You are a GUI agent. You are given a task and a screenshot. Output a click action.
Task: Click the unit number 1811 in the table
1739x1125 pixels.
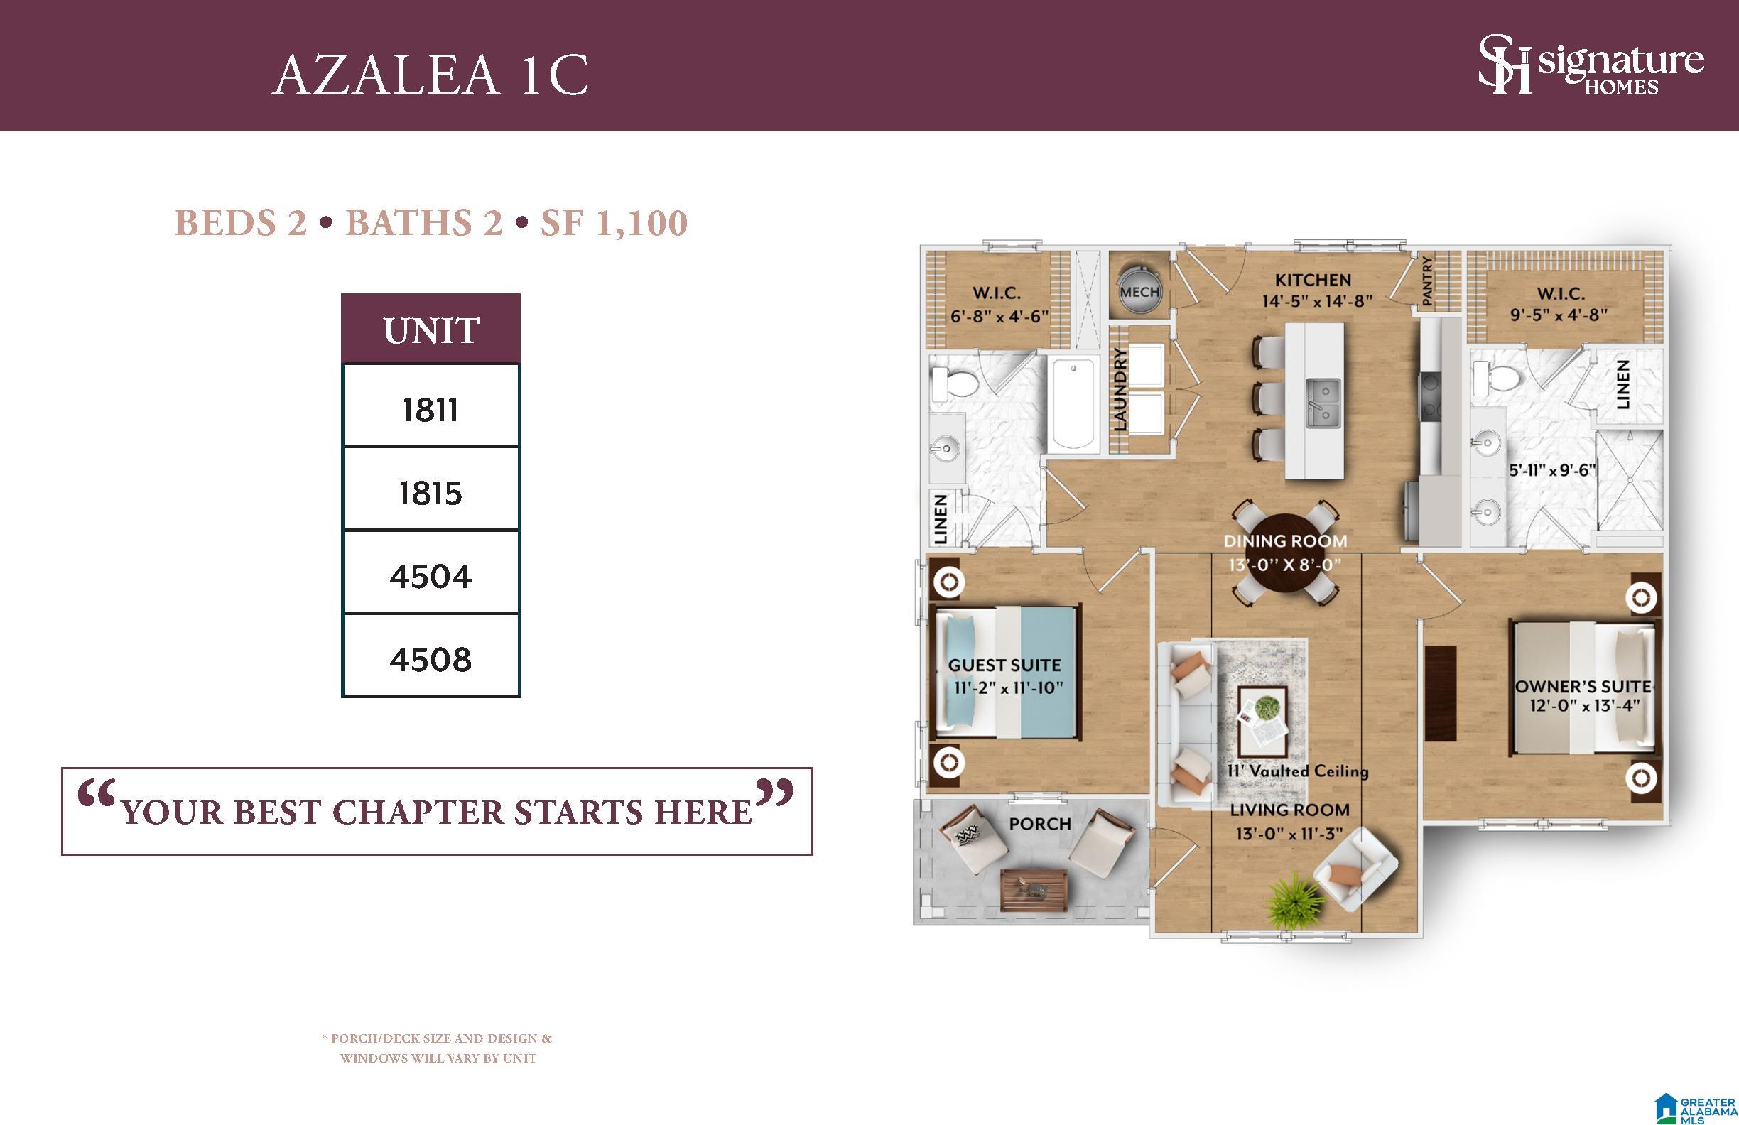click(430, 410)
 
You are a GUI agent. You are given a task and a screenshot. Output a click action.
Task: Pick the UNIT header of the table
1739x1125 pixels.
click(431, 330)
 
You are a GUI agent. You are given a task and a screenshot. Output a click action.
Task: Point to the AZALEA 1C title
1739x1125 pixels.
click(430, 74)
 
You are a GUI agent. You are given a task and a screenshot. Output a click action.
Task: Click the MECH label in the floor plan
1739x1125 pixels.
click(1140, 292)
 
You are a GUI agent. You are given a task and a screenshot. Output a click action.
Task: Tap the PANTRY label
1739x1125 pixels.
click(1427, 281)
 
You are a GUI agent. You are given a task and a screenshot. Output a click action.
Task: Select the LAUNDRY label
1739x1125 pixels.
click(1120, 388)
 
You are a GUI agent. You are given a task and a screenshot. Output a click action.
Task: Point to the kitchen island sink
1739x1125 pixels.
click(1323, 403)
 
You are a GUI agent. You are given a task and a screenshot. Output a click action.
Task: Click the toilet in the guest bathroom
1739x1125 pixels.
click(955, 380)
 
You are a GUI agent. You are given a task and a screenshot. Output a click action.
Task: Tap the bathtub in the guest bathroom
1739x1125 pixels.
click(1074, 405)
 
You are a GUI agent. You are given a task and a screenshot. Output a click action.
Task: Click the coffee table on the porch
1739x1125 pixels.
click(1033, 891)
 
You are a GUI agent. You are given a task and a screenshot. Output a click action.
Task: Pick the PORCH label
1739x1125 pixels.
click(1040, 824)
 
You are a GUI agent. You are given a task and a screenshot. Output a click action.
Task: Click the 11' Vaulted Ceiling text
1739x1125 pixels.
click(1298, 771)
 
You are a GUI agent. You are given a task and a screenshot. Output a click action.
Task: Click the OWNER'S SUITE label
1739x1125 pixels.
click(1583, 687)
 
